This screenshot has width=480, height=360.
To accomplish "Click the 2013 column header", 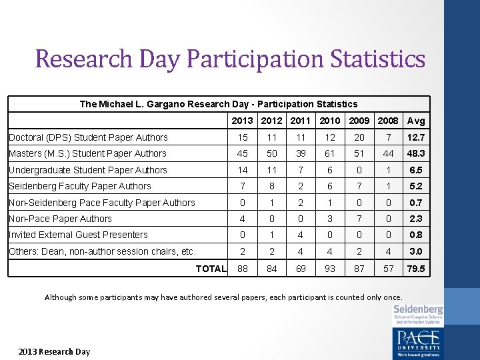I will click(242, 121).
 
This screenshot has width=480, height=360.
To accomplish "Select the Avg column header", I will click(416, 121).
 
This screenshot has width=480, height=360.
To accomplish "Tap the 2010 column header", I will click(329, 121).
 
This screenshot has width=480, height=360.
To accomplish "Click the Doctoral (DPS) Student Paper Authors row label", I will click(88, 137).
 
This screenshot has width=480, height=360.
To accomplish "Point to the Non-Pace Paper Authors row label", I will click(60, 219).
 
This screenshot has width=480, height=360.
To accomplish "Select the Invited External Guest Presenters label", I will click(78, 235).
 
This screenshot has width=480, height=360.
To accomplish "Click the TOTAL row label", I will click(211, 269).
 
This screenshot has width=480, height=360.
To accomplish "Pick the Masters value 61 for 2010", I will click(329, 154).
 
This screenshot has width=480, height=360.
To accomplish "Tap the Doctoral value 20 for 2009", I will click(359, 137).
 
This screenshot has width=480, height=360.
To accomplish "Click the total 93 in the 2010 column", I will click(329, 269).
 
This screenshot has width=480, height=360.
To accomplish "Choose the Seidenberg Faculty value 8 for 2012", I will click(271, 186).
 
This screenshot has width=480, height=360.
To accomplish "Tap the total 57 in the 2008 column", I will click(389, 269).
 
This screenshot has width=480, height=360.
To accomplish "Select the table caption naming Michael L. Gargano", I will click(219, 104).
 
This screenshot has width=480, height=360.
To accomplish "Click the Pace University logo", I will click(418, 341).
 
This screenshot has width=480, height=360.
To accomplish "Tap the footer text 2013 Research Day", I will click(54, 351).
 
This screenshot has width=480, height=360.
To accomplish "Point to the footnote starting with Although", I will click(223, 297).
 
